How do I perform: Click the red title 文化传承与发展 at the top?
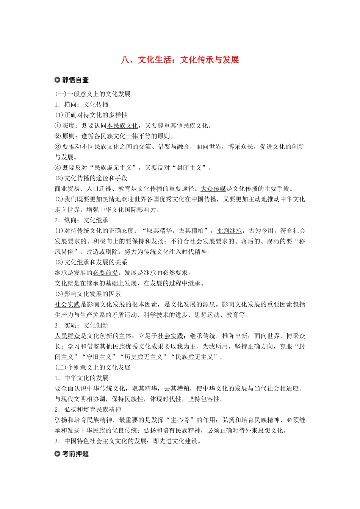[180, 60]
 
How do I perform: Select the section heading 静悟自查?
[75, 80]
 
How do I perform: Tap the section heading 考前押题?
[75, 454]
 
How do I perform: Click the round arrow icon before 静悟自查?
[58, 80]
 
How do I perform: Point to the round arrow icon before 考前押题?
[58, 454]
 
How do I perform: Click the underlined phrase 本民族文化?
[122, 126]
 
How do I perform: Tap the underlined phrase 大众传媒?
[213, 189]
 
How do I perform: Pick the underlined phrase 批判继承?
[229, 231]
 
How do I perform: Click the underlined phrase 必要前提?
[105, 273]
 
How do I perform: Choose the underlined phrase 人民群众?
[67, 336]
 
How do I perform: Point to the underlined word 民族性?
[134, 399]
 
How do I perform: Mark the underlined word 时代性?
[172, 399]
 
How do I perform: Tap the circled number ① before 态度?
[58, 126]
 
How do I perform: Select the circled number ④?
[58, 168]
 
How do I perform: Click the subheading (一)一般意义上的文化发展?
[93, 94]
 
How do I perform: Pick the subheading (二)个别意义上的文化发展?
[93, 367]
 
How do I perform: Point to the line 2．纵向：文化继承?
[81, 220]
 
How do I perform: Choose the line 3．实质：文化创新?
[81, 325]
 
